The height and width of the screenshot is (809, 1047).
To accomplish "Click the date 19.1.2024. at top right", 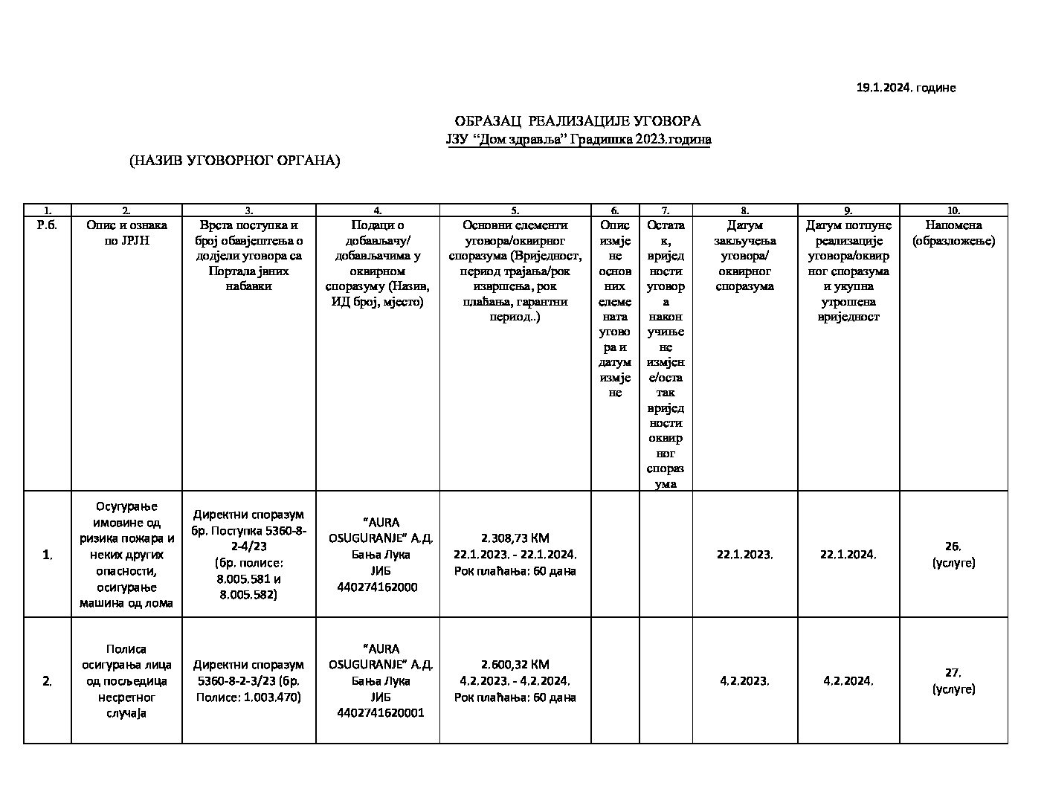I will click(x=883, y=88).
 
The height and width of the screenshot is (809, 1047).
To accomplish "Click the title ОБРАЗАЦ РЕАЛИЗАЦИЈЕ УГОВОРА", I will click(x=577, y=121).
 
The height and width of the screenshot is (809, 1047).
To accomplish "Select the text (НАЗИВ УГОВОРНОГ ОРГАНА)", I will click(x=234, y=161).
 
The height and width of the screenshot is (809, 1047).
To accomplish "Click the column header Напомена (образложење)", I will click(x=953, y=233).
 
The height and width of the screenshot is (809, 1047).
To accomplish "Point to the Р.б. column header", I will click(x=47, y=225).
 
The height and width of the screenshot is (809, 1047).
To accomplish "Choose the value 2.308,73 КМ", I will click(x=515, y=538).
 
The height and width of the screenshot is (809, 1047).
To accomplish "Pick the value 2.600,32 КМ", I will click(x=515, y=664).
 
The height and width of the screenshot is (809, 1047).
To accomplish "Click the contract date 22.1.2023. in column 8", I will click(x=744, y=555).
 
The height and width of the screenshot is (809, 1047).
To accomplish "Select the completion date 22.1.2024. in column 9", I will click(x=848, y=555).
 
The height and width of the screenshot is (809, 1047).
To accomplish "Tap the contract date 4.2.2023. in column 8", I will click(x=744, y=680).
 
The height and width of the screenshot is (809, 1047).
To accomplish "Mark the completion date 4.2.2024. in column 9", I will click(x=848, y=680).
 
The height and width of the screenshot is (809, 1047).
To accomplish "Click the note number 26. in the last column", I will click(x=953, y=547).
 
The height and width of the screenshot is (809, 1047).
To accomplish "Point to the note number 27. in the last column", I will click(x=953, y=672).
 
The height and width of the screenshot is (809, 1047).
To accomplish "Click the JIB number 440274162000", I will click(x=378, y=587).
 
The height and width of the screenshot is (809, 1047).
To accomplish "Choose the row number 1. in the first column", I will click(x=47, y=555).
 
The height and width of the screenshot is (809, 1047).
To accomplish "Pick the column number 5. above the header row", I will click(x=515, y=210).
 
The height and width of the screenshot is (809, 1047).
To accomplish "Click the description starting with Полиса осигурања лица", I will click(x=126, y=680).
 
